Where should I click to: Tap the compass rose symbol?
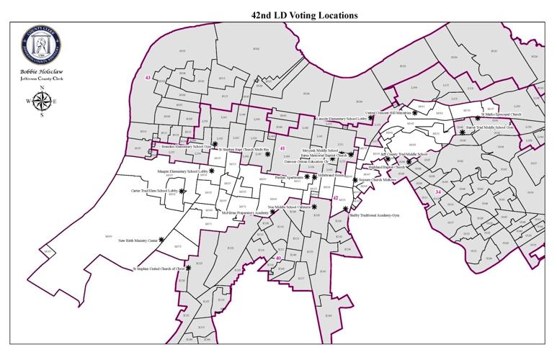click(x=42, y=101)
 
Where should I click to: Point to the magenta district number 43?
click(x=147, y=77)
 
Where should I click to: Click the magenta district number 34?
click(x=438, y=192)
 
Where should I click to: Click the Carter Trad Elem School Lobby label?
click(x=154, y=191)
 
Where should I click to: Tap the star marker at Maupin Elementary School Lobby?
click(x=212, y=171)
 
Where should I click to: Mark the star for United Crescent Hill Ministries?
click(x=415, y=113)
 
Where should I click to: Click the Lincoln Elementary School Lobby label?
click(x=342, y=118)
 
